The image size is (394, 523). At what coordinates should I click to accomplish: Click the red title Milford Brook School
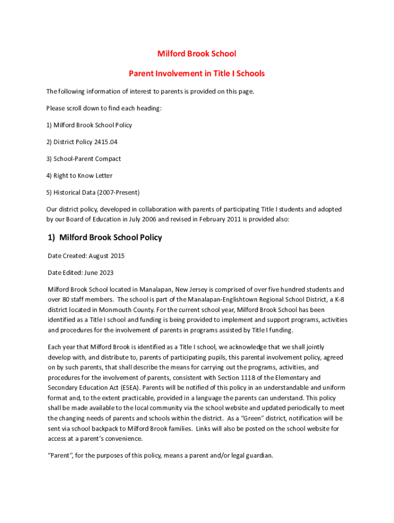tap(196, 54)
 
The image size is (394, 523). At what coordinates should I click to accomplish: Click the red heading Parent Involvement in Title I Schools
tap(196, 74)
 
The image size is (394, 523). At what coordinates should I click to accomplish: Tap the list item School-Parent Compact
tap(87, 159)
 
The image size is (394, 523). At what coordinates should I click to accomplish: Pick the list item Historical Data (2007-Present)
tap(96, 193)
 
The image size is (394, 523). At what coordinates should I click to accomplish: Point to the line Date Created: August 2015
tap(85, 255)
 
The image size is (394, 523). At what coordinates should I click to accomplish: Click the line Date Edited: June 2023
tap(81, 272)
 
